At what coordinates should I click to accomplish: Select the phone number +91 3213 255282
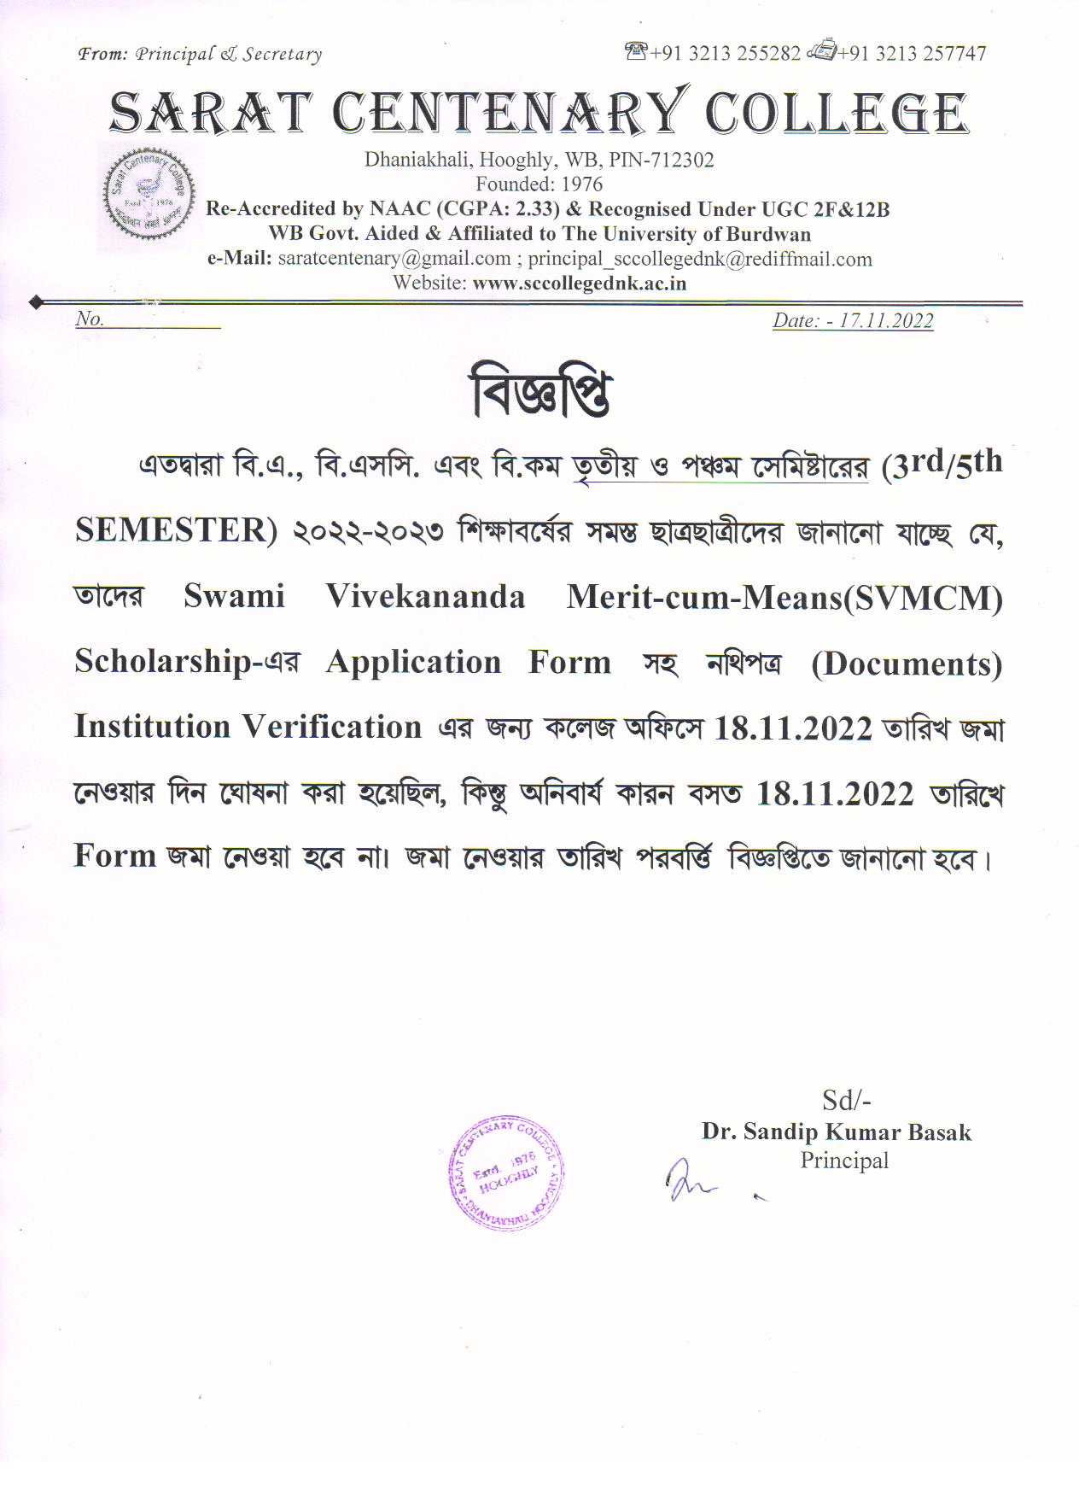coord(725,54)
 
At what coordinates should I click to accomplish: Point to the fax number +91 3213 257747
coord(912,54)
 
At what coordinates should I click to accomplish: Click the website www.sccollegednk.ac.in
coord(579,284)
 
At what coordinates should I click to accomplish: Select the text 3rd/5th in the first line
coord(942,465)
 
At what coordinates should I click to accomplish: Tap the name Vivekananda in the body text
coord(425,596)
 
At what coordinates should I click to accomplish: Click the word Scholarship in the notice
coord(162,662)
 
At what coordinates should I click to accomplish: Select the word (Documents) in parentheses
coord(907,664)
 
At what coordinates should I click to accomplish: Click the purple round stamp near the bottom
coord(506,1171)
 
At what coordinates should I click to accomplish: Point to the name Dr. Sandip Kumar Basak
coord(837,1132)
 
